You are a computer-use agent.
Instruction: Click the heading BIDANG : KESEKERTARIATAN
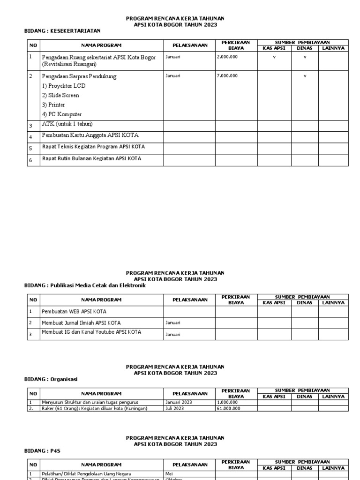pos(62,31)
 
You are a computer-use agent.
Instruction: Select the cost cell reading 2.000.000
pos(227,57)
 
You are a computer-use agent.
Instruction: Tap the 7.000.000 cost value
pos(227,75)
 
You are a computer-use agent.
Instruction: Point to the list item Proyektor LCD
pos(64,86)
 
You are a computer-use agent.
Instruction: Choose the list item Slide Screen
pos(60,95)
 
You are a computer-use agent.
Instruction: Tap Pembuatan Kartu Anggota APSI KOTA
pos(90,135)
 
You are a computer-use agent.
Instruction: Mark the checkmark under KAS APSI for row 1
pos(274,57)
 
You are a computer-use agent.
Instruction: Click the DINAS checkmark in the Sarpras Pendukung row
pos(305,75)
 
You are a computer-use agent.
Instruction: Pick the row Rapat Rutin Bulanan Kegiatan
pos(91,158)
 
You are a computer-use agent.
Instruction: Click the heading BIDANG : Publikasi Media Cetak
pos(85,285)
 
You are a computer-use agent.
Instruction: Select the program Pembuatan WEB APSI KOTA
pos(74,311)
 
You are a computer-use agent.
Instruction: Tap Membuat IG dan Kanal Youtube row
pos(91,332)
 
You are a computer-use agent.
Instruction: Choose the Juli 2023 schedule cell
pos(174,408)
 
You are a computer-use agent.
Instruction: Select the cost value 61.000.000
pos(229,408)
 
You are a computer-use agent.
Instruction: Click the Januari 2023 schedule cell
pos(179,402)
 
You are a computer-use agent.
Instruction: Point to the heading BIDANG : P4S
pos(42,450)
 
